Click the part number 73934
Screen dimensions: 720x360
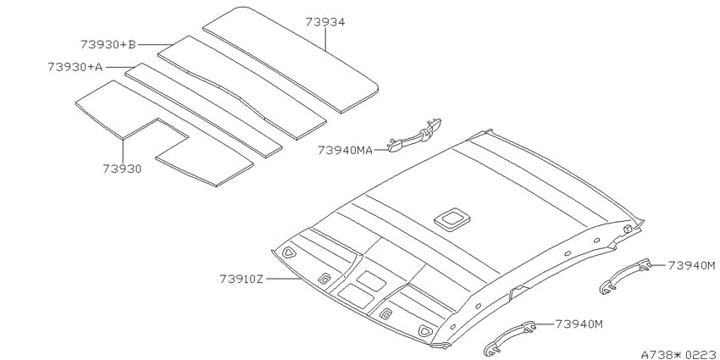pos(325,22)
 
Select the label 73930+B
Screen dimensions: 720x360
pos(108,45)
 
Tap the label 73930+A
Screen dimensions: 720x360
pos(75,67)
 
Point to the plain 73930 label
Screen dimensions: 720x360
pos(122,169)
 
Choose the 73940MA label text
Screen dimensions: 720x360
pos(346,150)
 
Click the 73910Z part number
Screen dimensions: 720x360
pos(241,279)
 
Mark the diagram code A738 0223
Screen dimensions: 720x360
pos(679,354)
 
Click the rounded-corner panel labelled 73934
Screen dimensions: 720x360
pos(291,59)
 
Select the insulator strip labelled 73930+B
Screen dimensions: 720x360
pos(242,87)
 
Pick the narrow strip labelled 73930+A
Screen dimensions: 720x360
pos(203,110)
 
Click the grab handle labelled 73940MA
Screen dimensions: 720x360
pos(415,135)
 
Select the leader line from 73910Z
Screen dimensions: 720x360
pos(284,279)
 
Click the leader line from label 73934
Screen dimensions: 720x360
pos(325,39)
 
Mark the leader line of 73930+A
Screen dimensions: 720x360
pos(117,68)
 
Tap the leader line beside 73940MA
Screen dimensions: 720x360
pos(381,150)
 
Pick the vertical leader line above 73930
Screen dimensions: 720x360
pos(123,151)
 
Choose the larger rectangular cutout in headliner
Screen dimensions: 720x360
pos(355,296)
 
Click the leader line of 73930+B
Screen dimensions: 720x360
pos(156,45)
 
